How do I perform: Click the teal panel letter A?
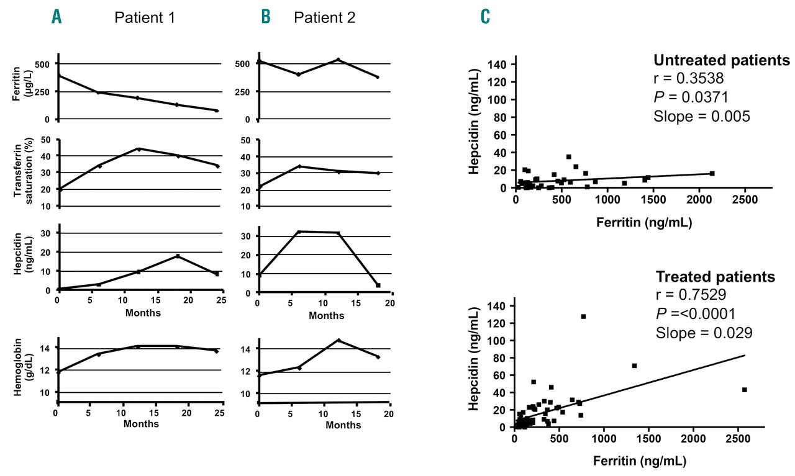(x=57, y=17)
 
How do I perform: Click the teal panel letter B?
(x=266, y=17)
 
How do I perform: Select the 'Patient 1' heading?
(x=145, y=17)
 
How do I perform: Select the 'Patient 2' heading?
(x=325, y=17)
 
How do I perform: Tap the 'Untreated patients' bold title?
(x=721, y=61)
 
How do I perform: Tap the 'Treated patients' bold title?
(x=715, y=277)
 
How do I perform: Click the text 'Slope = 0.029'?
(x=704, y=333)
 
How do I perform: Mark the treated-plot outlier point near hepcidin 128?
(x=583, y=317)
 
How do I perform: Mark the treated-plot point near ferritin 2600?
(x=744, y=390)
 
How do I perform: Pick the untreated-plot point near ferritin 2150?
(x=712, y=173)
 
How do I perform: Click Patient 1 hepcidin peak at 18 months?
(x=178, y=256)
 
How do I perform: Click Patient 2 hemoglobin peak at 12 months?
(x=338, y=340)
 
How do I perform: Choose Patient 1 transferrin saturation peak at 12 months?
(x=139, y=149)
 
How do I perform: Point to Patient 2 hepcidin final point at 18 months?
(x=378, y=285)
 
